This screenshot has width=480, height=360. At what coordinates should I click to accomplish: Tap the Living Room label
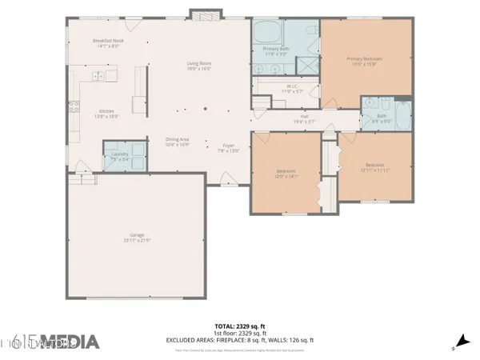pyautogui.click(x=198, y=66)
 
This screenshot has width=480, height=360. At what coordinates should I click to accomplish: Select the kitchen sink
pyautogui.click(x=99, y=77)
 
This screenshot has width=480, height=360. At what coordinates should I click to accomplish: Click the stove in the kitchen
pyautogui.click(x=74, y=106)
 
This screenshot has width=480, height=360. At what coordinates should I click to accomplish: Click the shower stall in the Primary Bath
pyautogui.click(x=306, y=65)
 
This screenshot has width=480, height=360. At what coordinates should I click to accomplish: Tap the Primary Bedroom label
pyautogui.click(x=364, y=61)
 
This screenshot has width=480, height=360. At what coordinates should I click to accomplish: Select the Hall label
pyautogui.click(x=304, y=118)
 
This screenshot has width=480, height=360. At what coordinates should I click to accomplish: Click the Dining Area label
pyautogui.click(x=177, y=142)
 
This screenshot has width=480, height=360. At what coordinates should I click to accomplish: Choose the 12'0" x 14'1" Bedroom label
pyautogui.click(x=286, y=174)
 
